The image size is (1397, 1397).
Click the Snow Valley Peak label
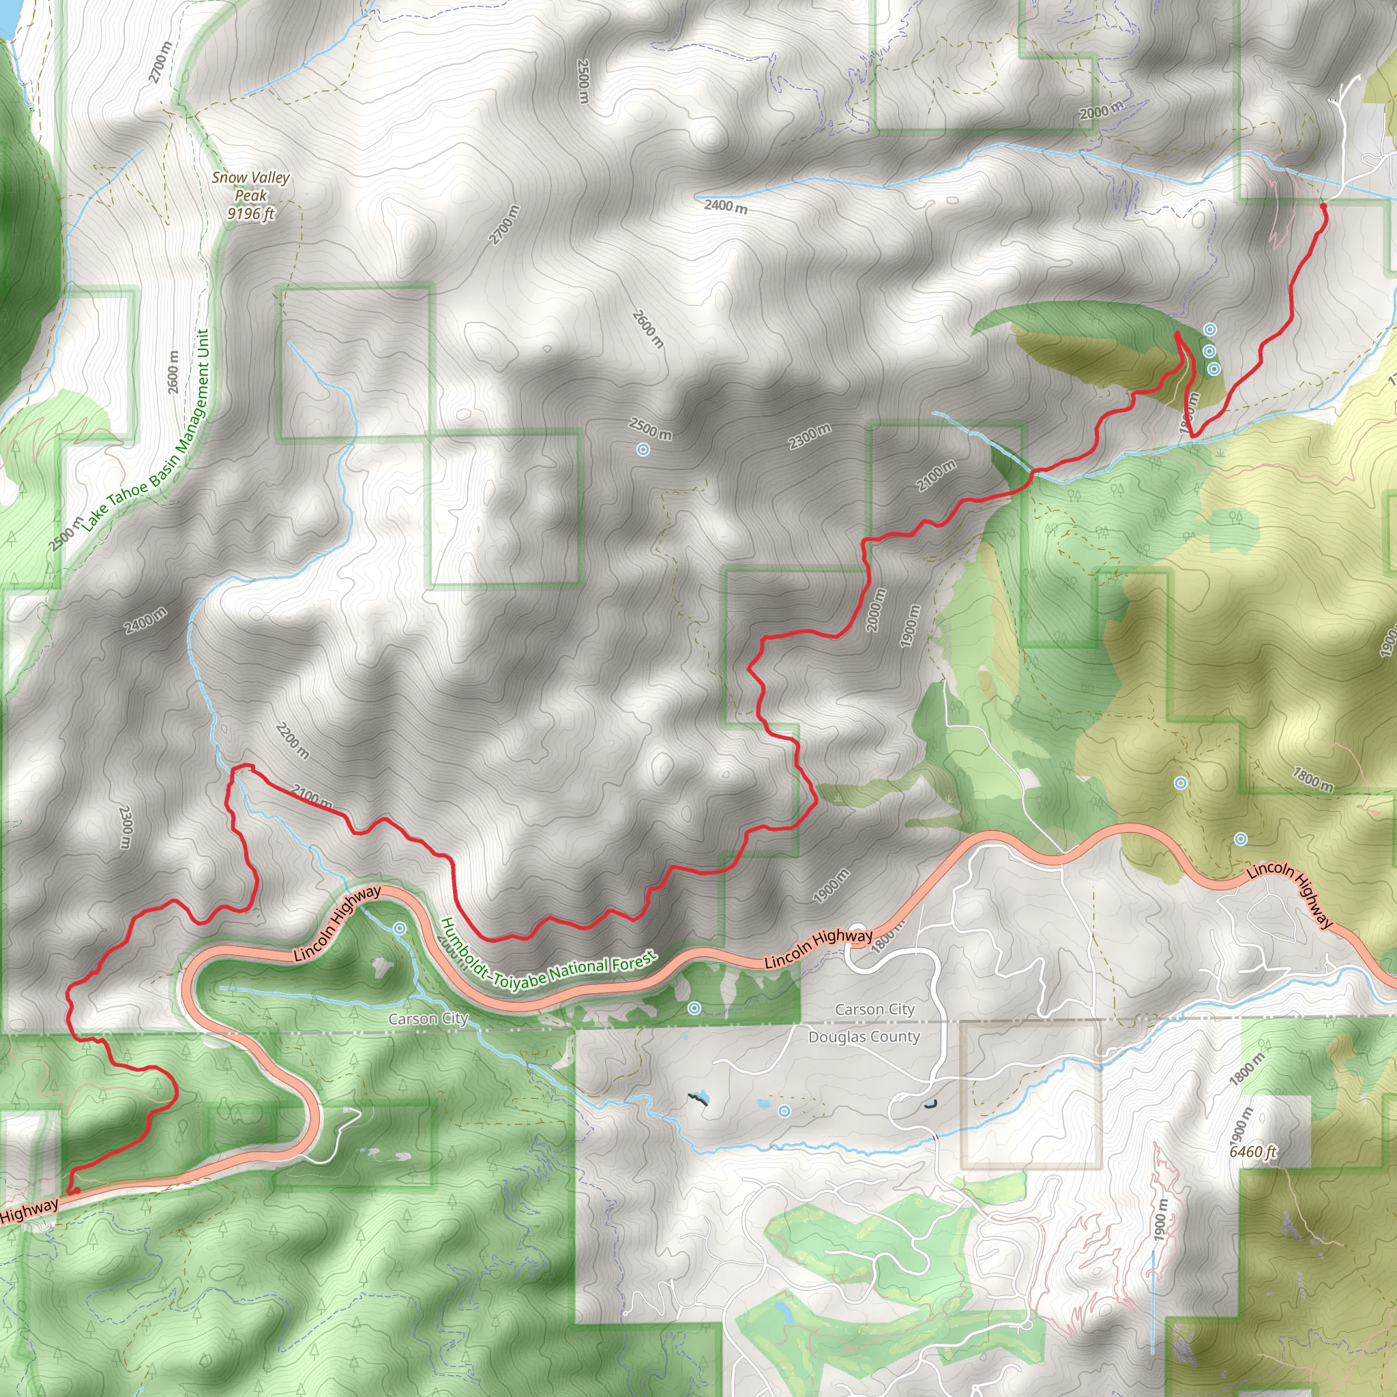point(250,186)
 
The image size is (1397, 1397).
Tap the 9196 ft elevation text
point(250,214)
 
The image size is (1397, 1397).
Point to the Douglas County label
point(864,1037)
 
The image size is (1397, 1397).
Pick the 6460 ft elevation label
point(1253,1151)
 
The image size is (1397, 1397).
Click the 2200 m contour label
point(292,741)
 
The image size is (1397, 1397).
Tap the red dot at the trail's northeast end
point(1323,206)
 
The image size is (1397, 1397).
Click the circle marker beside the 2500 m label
point(643,450)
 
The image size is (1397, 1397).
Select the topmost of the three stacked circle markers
point(1209,329)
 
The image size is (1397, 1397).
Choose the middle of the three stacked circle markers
point(1209,351)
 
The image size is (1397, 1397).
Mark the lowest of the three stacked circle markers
point(1214,369)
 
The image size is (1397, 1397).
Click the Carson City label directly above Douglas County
point(875,1009)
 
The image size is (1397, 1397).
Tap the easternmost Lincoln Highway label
point(1291,894)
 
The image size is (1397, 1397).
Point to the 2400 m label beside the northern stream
point(726,206)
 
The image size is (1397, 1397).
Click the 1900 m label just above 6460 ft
point(1239,1122)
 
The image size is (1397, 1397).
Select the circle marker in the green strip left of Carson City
point(694,1008)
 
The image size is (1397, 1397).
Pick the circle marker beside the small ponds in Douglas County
point(784,1110)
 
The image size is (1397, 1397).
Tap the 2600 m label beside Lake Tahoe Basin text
point(173,372)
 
